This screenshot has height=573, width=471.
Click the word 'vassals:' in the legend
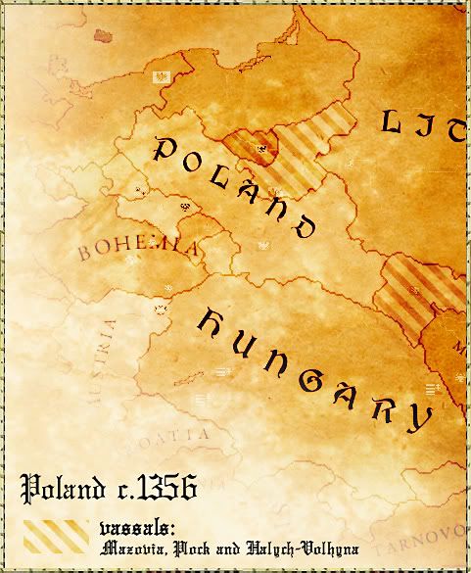136,527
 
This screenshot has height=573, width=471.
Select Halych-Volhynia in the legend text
285,548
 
